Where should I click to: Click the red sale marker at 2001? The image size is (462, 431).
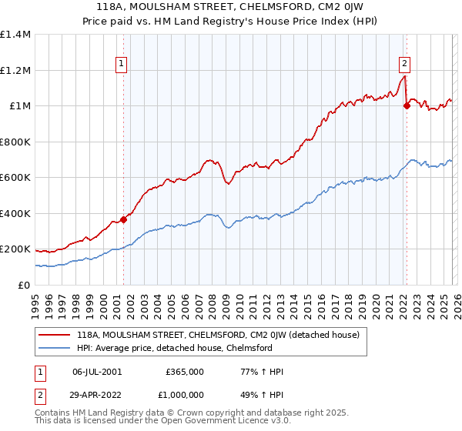point(123,220)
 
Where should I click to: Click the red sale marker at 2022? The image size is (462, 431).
point(406,106)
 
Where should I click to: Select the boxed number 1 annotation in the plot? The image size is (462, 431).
point(122,65)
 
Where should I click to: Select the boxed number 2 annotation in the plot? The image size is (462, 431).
point(404,65)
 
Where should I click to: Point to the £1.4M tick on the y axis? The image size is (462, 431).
point(15,35)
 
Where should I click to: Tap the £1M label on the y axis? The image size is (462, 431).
point(19,106)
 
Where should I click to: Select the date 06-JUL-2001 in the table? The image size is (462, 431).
point(96,372)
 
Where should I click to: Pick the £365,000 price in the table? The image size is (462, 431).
point(185,372)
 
